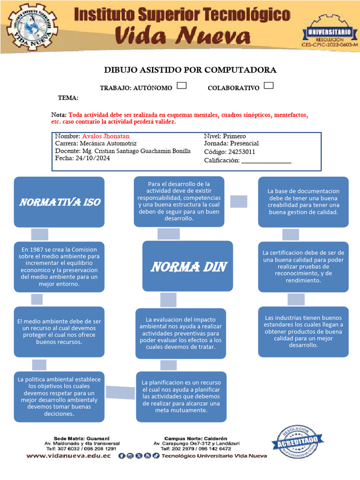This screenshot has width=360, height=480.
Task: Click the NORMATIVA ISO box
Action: coord(59,202)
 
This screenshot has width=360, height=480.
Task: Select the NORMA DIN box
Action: coord(188,267)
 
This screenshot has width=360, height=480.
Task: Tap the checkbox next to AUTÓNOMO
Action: coord(182,86)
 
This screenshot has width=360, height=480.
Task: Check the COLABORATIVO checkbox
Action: coord(269,86)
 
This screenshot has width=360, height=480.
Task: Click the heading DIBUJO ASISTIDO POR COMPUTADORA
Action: coord(190,70)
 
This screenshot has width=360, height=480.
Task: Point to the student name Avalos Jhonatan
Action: coord(105,136)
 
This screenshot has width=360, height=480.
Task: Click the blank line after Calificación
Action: coord(265,161)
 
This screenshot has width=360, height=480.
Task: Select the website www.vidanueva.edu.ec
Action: coord(68,456)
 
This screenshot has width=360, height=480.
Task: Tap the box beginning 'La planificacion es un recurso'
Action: coord(181,397)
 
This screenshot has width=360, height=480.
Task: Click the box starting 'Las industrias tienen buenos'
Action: coord(303,331)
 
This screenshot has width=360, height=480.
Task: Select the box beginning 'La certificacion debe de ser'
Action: coord(303,267)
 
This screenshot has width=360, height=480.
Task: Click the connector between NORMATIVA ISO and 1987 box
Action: coord(40,234)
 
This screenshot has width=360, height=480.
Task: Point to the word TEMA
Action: coord(68,98)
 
